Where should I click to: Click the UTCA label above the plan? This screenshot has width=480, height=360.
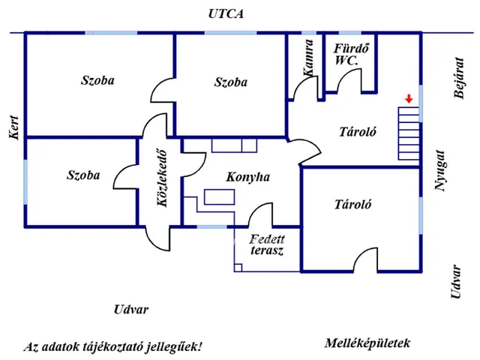click(x=228, y=14)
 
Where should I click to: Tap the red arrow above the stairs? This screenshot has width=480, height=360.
click(x=408, y=98)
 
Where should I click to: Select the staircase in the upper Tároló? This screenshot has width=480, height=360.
click(x=408, y=133)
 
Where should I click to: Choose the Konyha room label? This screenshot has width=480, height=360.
click(x=247, y=178)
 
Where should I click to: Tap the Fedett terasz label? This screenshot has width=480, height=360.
click(x=267, y=245)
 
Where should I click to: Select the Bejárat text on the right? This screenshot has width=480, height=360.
click(x=460, y=78)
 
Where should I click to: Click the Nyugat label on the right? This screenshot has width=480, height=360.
click(x=442, y=171)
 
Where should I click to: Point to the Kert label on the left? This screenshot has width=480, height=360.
click(x=13, y=128)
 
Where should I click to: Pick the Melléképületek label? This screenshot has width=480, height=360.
click(x=367, y=343)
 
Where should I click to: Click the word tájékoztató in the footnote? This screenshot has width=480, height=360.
click(x=124, y=347)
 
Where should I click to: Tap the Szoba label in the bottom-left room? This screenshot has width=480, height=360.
click(x=83, y=175)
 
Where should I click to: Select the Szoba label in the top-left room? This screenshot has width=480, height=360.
click(x=97, y=80)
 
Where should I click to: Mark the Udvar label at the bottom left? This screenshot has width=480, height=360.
click(x=130, y=310)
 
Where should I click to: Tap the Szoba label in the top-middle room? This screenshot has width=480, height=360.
click(x=230, y=82)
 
